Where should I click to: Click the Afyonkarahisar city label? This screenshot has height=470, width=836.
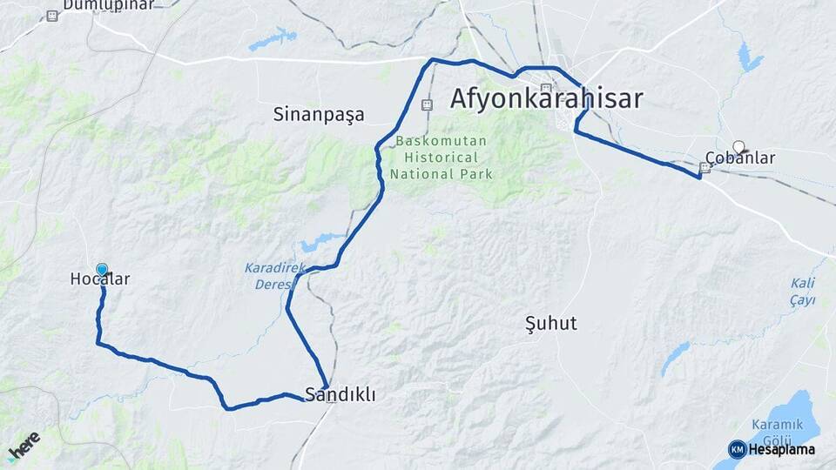(546, 98)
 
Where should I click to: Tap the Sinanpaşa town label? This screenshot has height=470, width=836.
(319, 114)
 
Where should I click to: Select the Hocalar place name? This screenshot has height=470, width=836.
(99, 279)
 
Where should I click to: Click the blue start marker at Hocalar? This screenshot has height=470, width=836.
(102, 270)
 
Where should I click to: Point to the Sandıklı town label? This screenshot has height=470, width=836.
(340, 394)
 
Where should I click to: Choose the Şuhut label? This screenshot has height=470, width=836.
(551, 323)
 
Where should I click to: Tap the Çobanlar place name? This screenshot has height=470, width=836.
(739, 158)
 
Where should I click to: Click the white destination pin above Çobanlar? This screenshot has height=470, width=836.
(738, 148)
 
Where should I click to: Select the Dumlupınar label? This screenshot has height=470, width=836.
(113, 5)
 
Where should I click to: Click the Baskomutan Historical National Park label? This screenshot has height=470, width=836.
(442, 158)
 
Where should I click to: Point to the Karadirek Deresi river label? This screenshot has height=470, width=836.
(275, 276)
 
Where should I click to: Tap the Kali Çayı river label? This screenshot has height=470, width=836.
(803, 292)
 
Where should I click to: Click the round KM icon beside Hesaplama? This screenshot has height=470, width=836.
(737, 449)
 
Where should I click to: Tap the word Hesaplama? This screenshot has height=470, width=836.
(782, 449)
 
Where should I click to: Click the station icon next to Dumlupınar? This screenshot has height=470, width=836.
(52, 16)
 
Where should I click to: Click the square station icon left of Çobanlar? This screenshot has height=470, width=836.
(705, 168)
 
